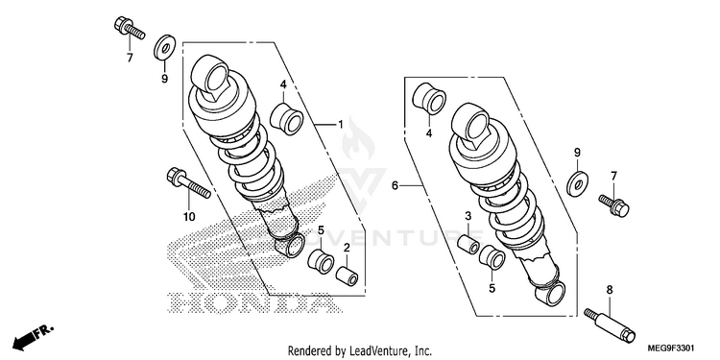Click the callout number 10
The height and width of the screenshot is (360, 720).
189,217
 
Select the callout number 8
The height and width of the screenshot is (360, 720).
610,290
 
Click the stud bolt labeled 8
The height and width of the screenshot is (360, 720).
610,325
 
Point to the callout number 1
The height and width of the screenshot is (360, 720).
340,125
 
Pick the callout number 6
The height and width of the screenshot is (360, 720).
395,185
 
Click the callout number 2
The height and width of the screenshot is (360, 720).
347,248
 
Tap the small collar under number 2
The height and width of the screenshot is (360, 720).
348,275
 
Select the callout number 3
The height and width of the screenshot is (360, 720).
468,216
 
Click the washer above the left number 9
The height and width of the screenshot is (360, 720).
164,46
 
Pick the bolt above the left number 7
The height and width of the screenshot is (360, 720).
129,28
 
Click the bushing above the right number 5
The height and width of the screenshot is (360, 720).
492,257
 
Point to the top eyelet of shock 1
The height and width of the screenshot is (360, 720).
210,76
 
